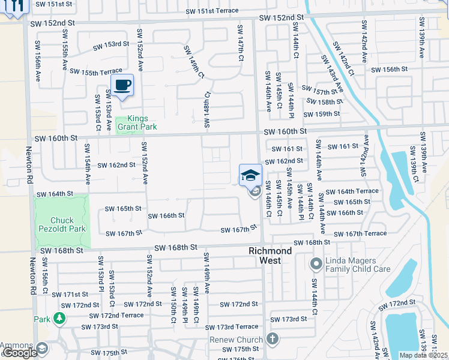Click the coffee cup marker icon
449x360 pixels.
(122, 86)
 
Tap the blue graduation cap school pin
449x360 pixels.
(250, 175)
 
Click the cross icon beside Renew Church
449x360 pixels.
(273, 340)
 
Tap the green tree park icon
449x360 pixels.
(59, 318)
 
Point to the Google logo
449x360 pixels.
(19, 353)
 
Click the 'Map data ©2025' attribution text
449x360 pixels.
(423, 355)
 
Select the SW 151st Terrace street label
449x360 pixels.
(211, 11)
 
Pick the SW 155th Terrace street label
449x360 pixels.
(95, 72)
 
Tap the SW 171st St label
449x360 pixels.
(70, 295)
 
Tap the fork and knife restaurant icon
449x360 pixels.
(16, 6)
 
